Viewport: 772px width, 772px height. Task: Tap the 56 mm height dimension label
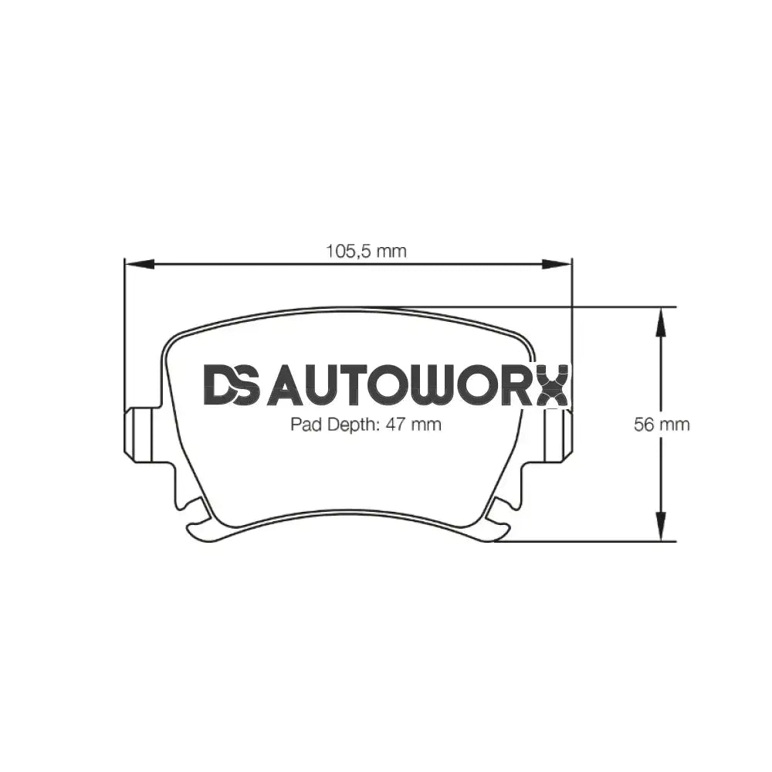pos(662,424)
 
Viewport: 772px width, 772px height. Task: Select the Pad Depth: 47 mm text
pos(365,424)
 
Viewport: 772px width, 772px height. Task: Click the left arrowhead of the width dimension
pos(136,264)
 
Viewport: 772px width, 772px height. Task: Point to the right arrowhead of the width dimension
pos(560,264)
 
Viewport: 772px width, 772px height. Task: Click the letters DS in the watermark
pos(232,384)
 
